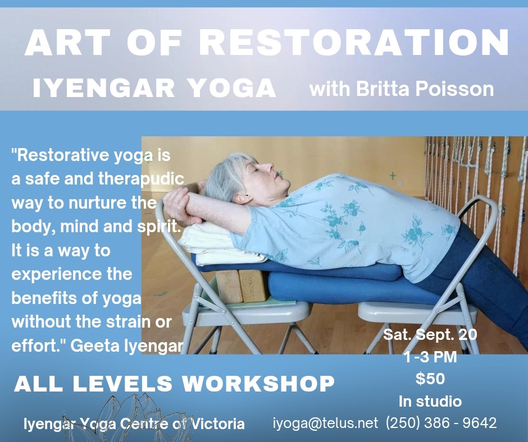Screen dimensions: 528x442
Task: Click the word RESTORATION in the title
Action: point(353,43)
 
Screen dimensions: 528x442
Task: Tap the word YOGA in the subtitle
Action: point(231,88)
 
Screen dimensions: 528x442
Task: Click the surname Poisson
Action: point(454,89)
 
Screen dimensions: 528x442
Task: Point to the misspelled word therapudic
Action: point(141,179)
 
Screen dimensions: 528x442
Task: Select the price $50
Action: point(430,379)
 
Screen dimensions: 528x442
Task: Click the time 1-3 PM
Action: point(430,357)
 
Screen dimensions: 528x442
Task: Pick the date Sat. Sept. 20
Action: point(430,334)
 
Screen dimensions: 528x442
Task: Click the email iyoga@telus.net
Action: point(325,423)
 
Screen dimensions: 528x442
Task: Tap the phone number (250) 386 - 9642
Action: point(441,423)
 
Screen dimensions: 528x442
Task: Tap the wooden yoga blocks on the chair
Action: point(242,286)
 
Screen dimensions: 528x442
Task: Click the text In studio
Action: point(430,401)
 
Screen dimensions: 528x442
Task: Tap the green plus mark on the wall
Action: point(393,175)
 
